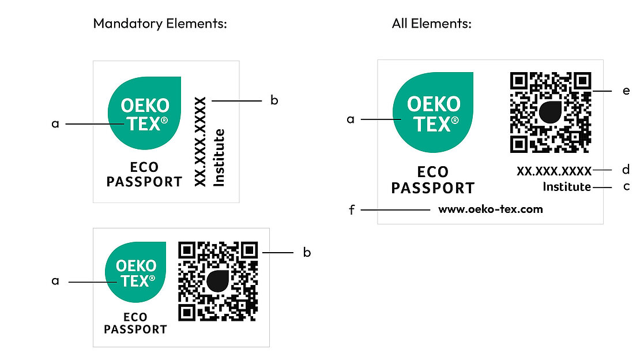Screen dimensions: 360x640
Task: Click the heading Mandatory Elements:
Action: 160,24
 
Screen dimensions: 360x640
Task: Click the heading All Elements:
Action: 432,24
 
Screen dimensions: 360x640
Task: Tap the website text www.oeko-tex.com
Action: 490,209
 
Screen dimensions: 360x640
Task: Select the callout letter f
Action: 351,210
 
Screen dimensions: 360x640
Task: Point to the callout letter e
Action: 626,92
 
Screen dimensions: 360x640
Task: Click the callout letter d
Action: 626,170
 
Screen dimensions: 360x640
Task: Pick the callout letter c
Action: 626,187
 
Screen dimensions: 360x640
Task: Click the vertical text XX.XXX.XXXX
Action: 200,141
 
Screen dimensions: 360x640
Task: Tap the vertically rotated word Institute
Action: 219,157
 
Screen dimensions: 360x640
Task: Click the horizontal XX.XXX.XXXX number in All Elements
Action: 554,171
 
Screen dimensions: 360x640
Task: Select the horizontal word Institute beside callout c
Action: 567,187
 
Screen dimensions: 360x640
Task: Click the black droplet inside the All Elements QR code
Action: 551,111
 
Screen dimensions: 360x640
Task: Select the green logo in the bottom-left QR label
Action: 135,272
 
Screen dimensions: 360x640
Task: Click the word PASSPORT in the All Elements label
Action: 432,188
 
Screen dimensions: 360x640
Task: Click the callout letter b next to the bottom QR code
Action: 307,253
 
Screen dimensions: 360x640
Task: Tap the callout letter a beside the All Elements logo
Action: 350,119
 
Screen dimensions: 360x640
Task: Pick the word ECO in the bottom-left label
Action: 135,317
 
